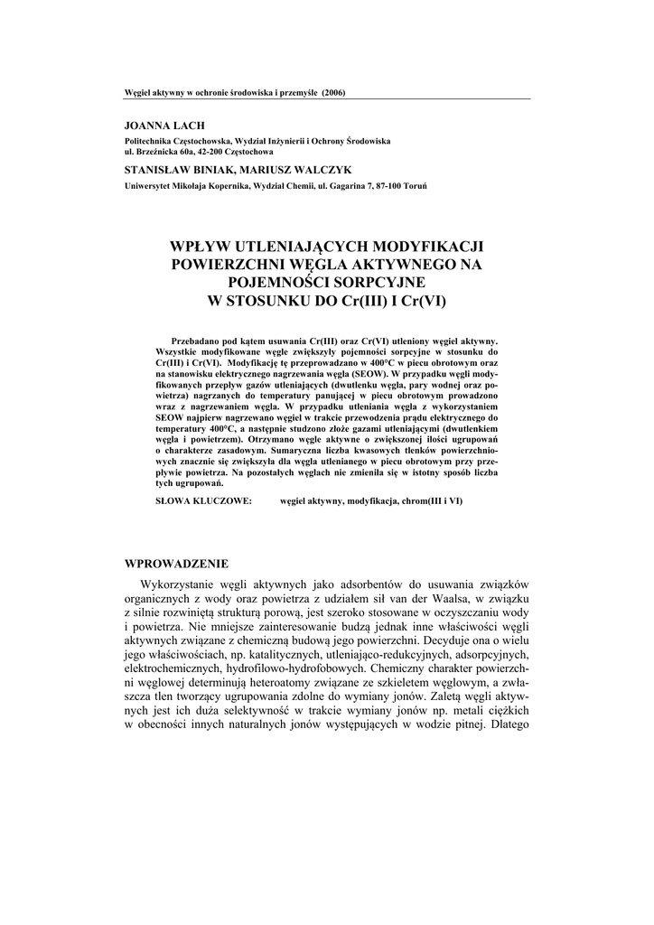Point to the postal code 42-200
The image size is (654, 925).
[210, 154]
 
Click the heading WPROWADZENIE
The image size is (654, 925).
[175, 564]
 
